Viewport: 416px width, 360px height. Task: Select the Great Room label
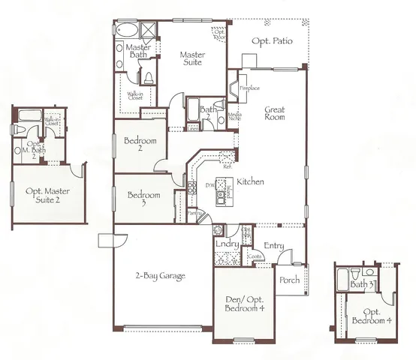coord(274,114)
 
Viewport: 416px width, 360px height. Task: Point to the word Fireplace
coord(249,88)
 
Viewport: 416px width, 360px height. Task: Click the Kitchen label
coord(249,182)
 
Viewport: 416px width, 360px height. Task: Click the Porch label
coord(290,280)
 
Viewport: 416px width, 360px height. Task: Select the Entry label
coord(273,245)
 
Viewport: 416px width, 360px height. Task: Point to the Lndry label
coord(227,244)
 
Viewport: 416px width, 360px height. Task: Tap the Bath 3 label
coord(363,284)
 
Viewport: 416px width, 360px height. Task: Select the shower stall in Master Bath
coord(146,31)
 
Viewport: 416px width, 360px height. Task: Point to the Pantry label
coord(194,213)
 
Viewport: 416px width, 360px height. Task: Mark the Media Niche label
coord(234,116)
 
